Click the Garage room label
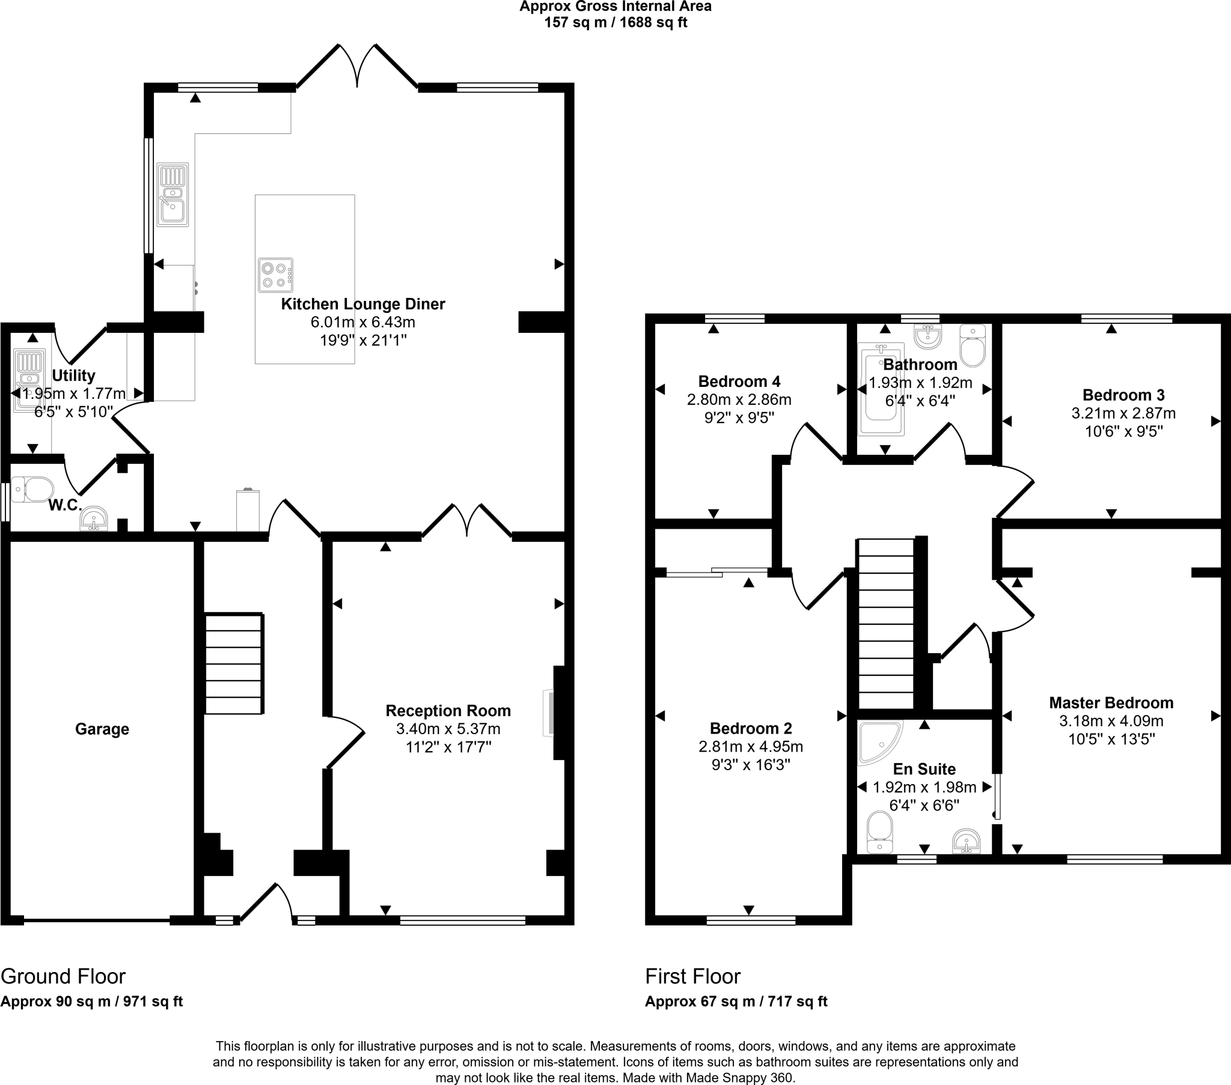(x=102, y=729)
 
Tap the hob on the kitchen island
(x=275, y=275)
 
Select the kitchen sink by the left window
(x=173, y=195)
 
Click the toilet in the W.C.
(x=33, y=490)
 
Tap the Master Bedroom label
(x=1111, y=703)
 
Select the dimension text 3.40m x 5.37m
(x=447, y=729)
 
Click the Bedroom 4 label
(x=739, y=381)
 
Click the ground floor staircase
(x=234, y=663)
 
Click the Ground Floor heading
(x=63, y=976)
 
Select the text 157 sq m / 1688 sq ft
(x=615, y=23)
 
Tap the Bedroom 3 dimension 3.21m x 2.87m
(x=1123, y=413)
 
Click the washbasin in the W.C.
(x=93, y=519)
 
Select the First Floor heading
(x=692, y=976)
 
